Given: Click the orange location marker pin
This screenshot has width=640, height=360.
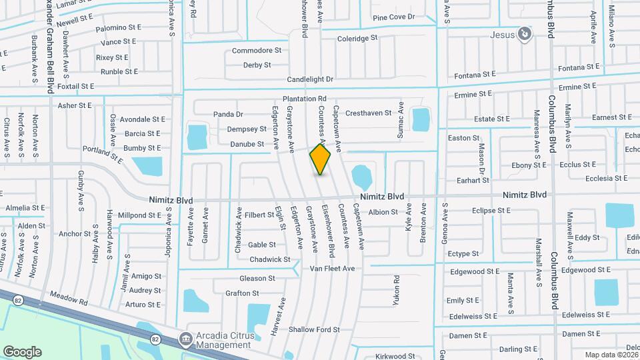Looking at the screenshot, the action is [320, 159].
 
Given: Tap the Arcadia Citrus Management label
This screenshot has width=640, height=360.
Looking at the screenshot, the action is [223, 339].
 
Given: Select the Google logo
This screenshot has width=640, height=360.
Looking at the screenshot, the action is [22, 351].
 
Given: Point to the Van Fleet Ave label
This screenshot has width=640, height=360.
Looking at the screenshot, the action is [332, 269].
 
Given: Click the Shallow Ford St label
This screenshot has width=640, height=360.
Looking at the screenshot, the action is [314, 329].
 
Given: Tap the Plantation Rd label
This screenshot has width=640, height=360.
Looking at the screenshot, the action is [303, 99].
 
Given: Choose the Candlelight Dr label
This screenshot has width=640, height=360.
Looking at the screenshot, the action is [310, 79].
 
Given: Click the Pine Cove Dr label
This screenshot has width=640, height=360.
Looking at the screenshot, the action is [393, 17].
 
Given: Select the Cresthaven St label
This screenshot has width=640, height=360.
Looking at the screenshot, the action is [368, 113].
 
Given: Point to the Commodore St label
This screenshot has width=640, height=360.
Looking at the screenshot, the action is [256, 51].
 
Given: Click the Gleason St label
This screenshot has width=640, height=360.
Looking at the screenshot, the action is [257, 279].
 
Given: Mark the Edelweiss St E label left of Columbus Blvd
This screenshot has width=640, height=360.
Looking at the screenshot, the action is [473, 316].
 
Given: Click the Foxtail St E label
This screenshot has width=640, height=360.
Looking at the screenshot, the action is [75, 87].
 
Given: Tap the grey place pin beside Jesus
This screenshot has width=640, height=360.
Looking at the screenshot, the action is [526, 33].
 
